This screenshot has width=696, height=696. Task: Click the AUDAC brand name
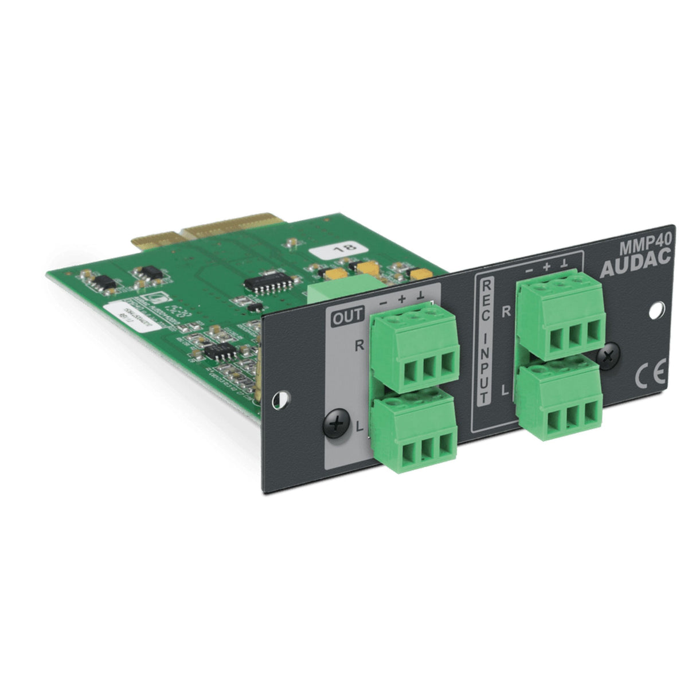[x=635, y=268]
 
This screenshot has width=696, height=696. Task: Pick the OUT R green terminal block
[x=414, y=350]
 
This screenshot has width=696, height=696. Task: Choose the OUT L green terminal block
[x=414, y=436]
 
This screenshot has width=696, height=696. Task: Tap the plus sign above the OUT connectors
[x=402, y=298]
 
